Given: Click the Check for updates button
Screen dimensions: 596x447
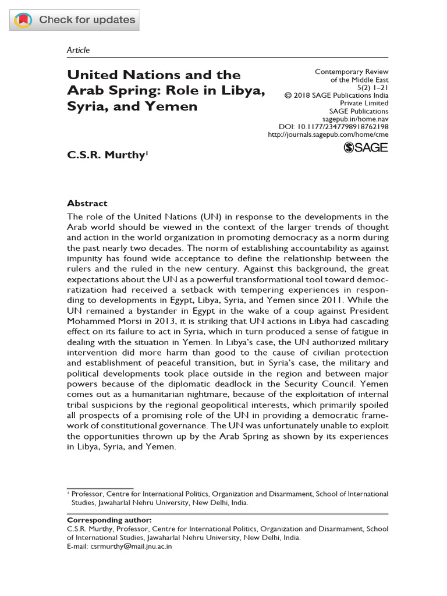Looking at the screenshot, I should tap(74, 20).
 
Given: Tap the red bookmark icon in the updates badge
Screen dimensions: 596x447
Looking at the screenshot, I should tap(24, 20).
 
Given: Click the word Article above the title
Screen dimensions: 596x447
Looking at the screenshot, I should tap(79, 50).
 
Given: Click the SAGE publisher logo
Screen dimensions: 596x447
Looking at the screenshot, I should tap(366, 147).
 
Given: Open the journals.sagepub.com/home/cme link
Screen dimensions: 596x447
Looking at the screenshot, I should tap(328, 134).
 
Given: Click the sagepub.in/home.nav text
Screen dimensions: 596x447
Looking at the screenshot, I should tap(355, 119).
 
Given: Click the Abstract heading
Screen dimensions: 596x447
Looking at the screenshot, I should tap(87, 203).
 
